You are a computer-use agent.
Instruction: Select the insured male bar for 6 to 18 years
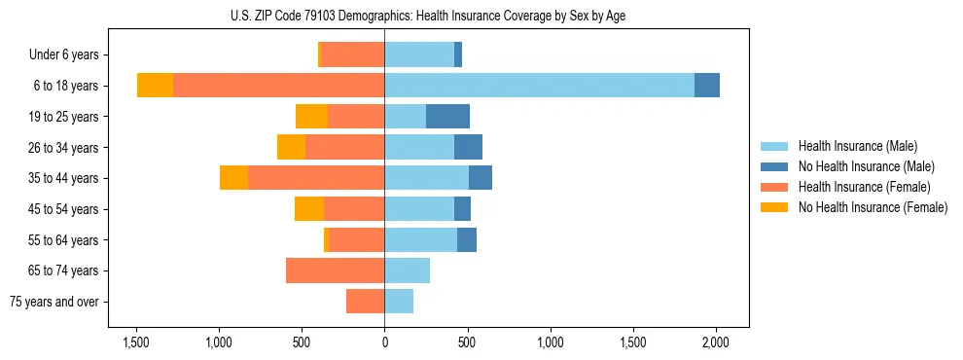pos(539,86)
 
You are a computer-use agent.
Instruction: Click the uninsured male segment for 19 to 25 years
pos(447,117)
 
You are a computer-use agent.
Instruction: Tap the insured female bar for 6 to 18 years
pos(278,86)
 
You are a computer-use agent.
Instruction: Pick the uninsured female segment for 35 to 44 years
pos(233,178)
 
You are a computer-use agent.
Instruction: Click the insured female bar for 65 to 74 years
pos(335,270)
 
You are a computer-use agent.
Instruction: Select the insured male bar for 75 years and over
pos(399,302)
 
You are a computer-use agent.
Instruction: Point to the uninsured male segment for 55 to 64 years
pos(467,240)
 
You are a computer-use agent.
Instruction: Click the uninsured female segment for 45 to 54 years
pos(309,209)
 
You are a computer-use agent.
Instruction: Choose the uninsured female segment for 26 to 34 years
pos(291,148)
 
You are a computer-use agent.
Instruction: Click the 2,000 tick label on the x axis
pos(716,342)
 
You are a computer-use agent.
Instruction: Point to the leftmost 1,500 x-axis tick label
pos(135,342)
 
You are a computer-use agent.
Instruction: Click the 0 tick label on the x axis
pos(384,342)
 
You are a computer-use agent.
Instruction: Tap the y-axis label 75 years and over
pos(54,302)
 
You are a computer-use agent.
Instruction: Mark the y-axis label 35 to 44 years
pos(64,178)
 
